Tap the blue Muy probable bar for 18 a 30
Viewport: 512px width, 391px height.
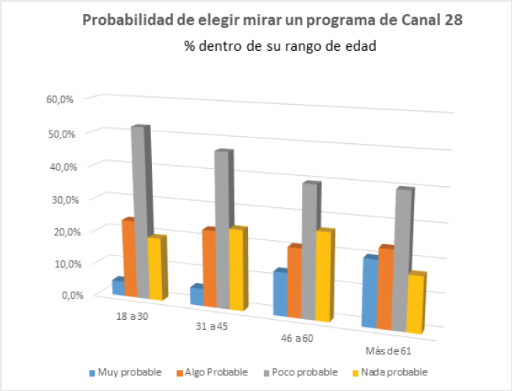118,287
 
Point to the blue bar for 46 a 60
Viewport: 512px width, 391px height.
280,294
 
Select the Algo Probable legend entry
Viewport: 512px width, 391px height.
213,372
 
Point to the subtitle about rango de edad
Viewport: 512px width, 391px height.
280,47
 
